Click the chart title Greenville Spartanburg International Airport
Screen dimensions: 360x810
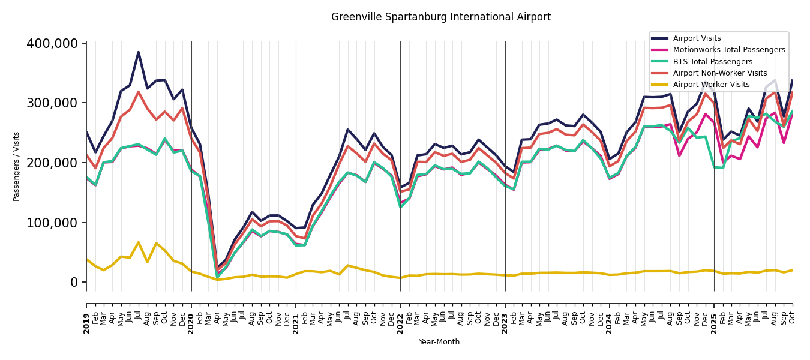click(441, 17)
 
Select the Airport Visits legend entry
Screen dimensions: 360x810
click(697, 38)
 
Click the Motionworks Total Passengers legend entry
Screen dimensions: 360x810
click(728, 50)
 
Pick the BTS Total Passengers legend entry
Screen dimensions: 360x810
click(712, 62)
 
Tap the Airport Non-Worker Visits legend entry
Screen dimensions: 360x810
click(719, 73)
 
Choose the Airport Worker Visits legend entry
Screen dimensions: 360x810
click(711, 85)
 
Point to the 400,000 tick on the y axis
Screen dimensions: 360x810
click(52, 44)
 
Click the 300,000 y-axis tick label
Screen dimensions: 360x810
click(52, 103)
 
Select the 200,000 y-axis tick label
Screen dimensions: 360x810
click(52, 163)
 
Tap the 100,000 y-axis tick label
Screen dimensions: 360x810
click(52, 223)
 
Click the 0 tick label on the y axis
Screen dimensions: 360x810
click(74, 282)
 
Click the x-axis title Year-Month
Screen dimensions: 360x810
click(439, 342)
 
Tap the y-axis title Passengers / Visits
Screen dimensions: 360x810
click(17, 166)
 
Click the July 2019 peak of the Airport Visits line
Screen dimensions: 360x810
click(139, 52)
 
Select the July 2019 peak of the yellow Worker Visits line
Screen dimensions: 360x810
click(139, 242)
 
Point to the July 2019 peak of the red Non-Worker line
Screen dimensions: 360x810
click(139, 92)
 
